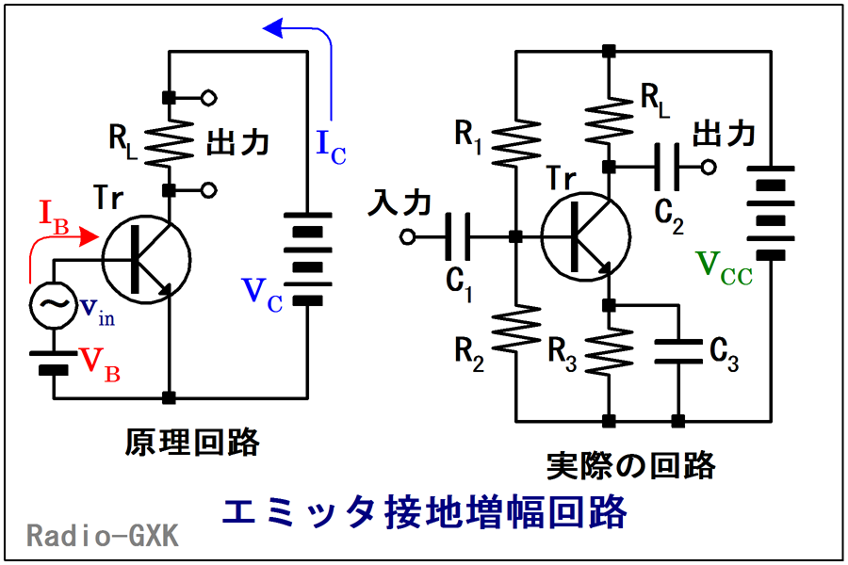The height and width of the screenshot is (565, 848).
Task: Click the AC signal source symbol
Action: [53, 305]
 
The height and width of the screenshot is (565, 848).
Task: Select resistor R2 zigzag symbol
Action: [515, 326]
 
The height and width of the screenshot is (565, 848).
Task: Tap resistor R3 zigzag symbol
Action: [610, 347]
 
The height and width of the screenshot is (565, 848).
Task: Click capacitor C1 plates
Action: [460, 235]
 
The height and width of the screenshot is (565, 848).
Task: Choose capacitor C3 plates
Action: [677, 349]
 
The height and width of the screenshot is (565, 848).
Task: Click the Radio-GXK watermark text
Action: [102, 536]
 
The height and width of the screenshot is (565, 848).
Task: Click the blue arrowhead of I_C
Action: [273, 30]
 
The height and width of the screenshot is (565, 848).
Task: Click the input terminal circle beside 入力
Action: [408, 236]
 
